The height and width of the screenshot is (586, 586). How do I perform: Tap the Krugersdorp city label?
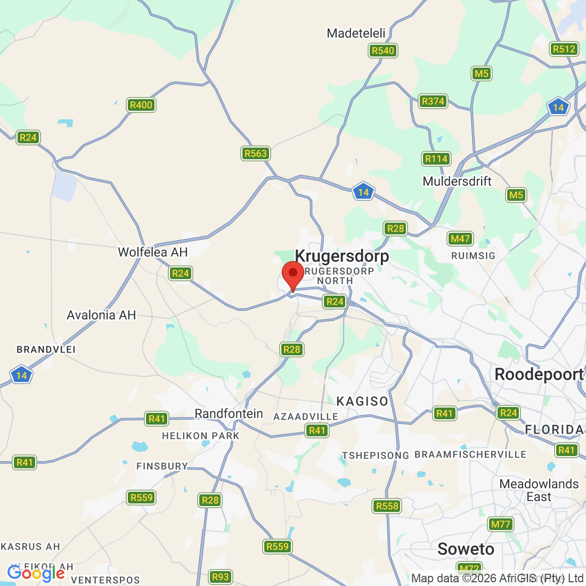[x=342, y=256]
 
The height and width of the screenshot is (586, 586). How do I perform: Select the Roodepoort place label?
[x=539, y=375]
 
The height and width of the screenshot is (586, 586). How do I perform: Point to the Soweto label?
[x=466, y=549]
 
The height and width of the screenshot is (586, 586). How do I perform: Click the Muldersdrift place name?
[x=457, y=181]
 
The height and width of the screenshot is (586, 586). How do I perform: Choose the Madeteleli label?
[x=356, y=33]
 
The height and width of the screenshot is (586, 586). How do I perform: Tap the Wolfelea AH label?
[x=153, y=252]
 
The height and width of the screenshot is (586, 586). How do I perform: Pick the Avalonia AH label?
[x=101, y=315]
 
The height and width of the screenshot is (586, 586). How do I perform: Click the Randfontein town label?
[x=229, y=413]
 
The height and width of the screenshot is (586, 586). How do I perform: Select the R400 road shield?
[x=141, y=105]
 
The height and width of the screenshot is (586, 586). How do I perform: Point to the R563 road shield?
[x=255, y=153]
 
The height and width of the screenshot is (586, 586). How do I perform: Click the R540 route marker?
[x=383, y=51]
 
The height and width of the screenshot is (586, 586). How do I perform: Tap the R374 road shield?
[x=433, y=101]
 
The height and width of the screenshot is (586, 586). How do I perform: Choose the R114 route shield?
[x=436, y=159]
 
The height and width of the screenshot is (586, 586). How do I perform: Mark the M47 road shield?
[x=460, y=239]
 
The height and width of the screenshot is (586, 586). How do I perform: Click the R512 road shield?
[x=564, y=49]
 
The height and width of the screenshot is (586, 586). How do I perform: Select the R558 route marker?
[x=387, y=506]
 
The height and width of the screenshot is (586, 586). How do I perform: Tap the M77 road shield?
[x=501, y=524]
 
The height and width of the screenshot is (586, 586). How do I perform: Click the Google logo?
[x=36, y=573]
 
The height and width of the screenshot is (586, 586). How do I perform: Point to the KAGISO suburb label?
[x=362, y=401]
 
